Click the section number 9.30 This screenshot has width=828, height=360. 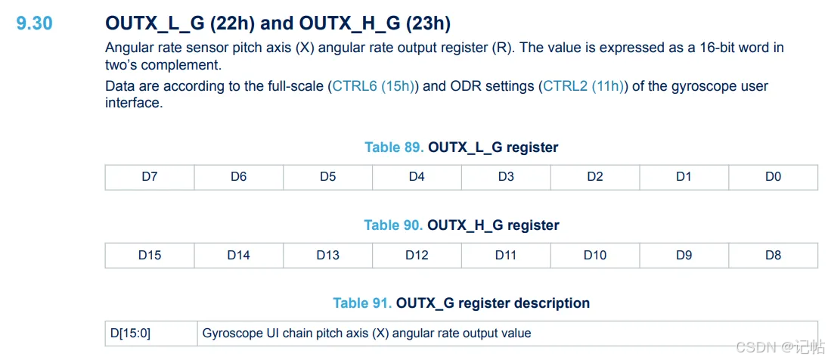[x=35, y=23]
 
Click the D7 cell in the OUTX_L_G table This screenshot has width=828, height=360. [x=150, y=177]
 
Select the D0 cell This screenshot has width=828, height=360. [x=773, y=177]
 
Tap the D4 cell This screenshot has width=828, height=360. [x=417, y=177]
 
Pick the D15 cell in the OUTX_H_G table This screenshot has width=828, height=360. [x=150, y=255]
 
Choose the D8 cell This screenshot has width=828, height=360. [x=773, y=255]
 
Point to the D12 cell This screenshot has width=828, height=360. [x=417, y=255]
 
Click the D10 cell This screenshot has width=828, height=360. [x=595, y=255]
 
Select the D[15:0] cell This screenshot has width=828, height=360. [x=151, y=333]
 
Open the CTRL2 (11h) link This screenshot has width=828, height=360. [x=583, y=86]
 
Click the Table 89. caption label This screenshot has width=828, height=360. [x=394, y=147]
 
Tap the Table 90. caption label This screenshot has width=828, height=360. [x=393, y=225]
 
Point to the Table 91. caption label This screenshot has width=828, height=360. [x=362, y=303]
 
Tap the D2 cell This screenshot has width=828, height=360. [x=595, y=177]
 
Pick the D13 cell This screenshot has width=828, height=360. [x=328, y=255]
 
